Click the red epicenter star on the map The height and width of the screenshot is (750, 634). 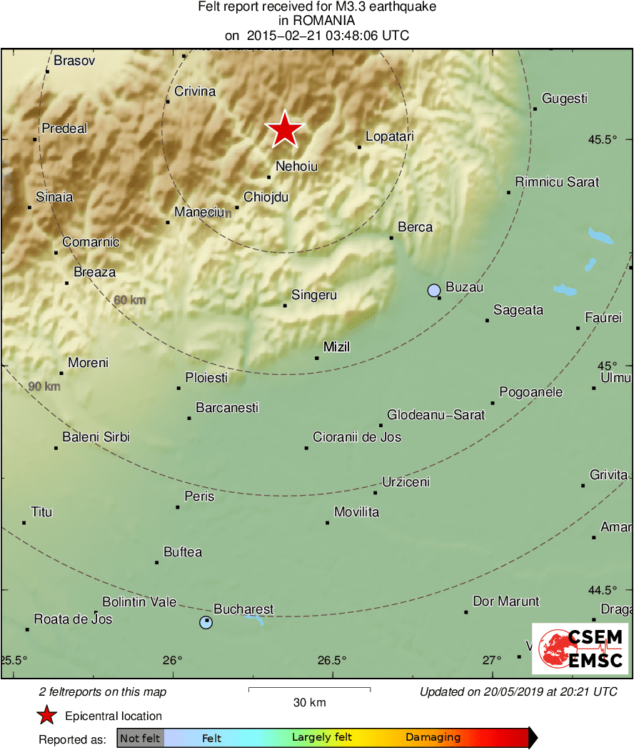[285, 130]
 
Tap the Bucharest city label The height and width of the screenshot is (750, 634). [243, 609]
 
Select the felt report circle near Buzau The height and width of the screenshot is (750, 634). [434, 290]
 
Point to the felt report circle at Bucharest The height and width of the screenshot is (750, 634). [206, 622]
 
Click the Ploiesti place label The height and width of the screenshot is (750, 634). [206, 377]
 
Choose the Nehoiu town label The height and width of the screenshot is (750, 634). [296, 166]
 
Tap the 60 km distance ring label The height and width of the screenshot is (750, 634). [130, 300]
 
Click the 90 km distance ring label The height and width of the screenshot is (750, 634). [44, 386]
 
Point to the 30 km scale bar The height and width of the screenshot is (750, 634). [309, 689]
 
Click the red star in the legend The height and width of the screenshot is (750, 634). [47, 716]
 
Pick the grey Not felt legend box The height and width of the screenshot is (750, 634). [140, 738]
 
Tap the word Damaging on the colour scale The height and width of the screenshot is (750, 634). [433, 738]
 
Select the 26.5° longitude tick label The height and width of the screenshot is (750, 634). [333, 659]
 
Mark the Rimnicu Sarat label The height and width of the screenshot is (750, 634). [557, 182]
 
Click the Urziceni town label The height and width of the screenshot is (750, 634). [406, 482]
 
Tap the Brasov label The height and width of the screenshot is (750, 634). [74, 61]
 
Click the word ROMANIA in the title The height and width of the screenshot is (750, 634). [316, 21]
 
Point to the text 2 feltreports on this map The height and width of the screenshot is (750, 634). [103, 691]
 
